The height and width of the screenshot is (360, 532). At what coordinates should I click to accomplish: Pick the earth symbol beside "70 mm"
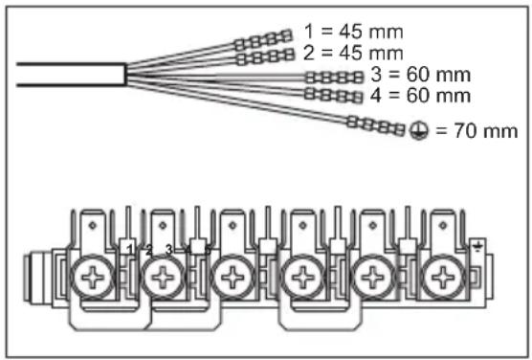pyautogui.click(x=418, y=130)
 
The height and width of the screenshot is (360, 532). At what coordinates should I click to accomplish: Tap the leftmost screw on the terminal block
pyautogui.click(x=93, y=280)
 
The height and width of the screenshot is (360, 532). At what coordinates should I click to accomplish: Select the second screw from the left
pyautogui.click(x=160, y=280)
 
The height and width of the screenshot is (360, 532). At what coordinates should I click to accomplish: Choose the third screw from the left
pyautogui.click(x=231, y=280)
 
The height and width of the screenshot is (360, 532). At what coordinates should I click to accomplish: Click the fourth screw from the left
pyautogui.click(x=302, y=280)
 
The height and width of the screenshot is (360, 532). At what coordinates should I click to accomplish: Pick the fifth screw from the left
pyautogui.click(x=371, y=280)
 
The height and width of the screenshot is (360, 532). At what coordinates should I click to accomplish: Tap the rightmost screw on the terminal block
pyautogui.click(x=441, y=280)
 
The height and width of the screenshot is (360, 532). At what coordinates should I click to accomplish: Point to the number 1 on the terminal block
pyautogui.click(x=129, y=251)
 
